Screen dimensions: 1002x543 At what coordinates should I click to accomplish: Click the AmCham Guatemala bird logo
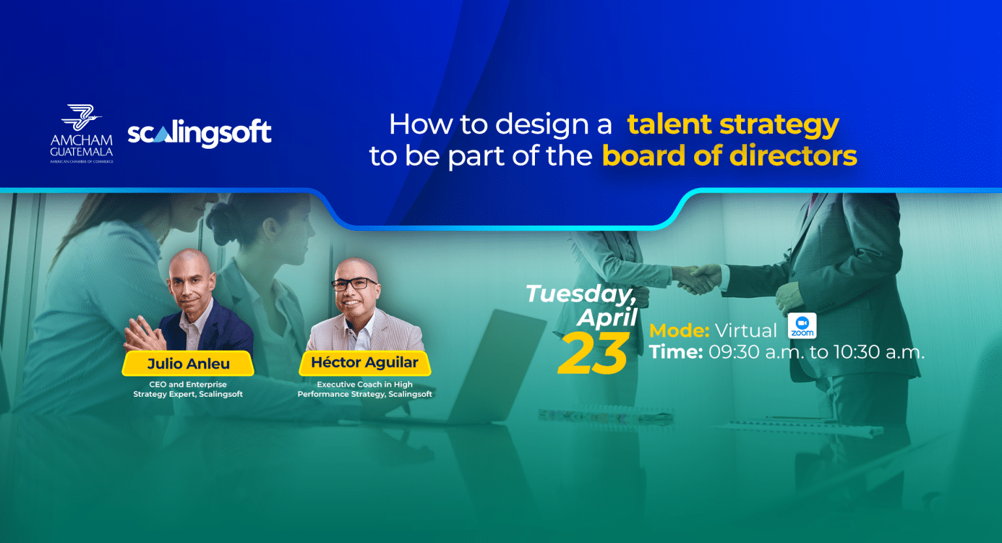[82, 117]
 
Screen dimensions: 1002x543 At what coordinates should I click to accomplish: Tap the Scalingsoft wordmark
[200, 132]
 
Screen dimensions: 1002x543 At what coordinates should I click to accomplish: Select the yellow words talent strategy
[733, 125]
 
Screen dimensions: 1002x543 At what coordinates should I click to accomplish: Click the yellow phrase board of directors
[729, 156]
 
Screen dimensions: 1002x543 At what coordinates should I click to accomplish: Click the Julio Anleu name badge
[188, 364]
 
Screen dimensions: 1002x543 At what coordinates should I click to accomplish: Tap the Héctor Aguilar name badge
[365, 363]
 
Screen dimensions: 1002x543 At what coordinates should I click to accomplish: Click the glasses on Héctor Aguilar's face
[354, 284]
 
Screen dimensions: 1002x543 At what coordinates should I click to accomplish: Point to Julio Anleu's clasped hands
[144, 334]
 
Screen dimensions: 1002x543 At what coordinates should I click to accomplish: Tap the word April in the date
[607, 317]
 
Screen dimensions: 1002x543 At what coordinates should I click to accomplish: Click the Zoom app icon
[802, 326]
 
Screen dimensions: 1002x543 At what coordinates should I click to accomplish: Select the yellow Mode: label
[679, 331]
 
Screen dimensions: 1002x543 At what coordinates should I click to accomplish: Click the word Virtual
[746, 331]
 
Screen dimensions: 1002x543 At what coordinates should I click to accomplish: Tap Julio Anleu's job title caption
[188, 389]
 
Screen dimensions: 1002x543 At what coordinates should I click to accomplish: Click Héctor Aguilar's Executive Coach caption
[365, 389]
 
